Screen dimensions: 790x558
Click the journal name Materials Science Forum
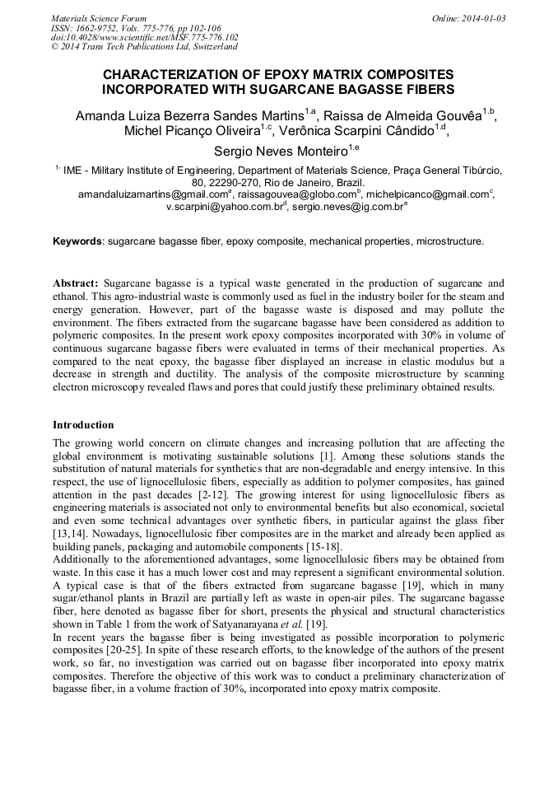[99, 18]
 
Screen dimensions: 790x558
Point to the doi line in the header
[145, 37]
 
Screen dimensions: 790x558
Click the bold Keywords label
[78, 241]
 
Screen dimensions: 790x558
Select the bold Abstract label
[77, 283]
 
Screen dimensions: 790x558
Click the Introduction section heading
[83, 425]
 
